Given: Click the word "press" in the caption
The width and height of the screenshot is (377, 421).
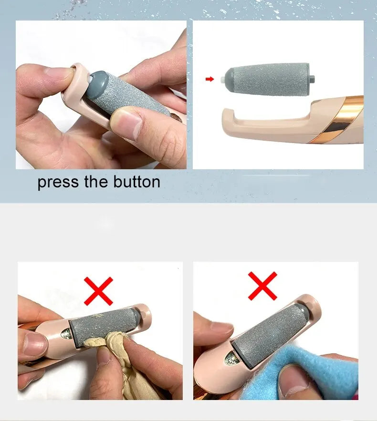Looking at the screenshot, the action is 58,183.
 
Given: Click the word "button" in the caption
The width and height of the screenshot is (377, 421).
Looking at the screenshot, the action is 136,182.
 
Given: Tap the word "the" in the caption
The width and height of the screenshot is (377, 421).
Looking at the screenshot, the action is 96,182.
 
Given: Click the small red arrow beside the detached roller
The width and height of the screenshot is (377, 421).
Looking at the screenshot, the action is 210,79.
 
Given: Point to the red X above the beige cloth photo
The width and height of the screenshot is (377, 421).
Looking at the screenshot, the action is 98,291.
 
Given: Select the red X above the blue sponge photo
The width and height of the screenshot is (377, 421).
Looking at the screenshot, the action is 262,286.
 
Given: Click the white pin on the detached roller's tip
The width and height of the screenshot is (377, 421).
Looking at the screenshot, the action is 222,80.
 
